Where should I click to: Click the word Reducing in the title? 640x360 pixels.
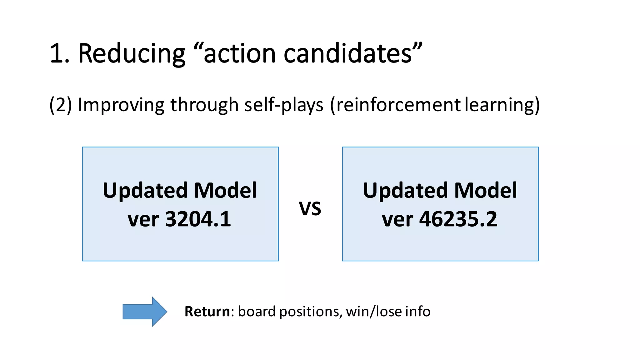(x=132, y=54)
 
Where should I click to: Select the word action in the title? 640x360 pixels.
(x=239, y=54)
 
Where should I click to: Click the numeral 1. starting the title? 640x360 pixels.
(x=59, y=54)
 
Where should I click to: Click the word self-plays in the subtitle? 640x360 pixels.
(x=284, y=105)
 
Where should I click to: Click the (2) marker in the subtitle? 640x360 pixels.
(x=61, y=105)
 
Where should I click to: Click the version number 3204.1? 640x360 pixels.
(x=198, y=219)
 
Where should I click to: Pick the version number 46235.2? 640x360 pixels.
(x=458, y=219)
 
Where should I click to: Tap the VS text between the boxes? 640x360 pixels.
(x=310, y=208)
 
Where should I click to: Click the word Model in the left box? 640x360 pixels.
(x=225, y=190)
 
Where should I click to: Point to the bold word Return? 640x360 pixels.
(x=207, y=312)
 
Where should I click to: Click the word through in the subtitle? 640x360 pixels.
(x=204, y=105)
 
